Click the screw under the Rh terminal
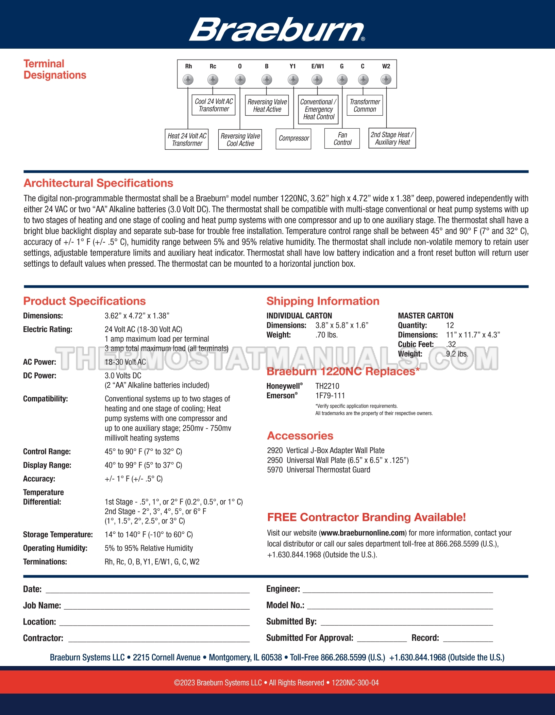(x=188, y=80)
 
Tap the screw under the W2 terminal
(x=386, y=80)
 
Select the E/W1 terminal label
(x=318, y=66)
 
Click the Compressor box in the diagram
(x=293, y=138)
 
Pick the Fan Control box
(x=342, y=138)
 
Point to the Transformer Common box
(x=365, y=105)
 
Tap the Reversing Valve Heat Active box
(x=267, y=105)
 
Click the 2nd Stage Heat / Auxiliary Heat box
(x=392, y=138)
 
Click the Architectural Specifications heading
(x=98, y=183)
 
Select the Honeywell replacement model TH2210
(x=327, y=386)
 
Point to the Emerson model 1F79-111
(x=330, y=396)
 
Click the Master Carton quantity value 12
(x=450, y=325)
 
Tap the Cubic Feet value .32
(x=451, y=344)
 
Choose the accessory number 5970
(x=275, y=470)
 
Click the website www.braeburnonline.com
(x=363, y=533)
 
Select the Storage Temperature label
(x=58, y=534)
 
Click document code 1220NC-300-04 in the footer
(x=355, y=683)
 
